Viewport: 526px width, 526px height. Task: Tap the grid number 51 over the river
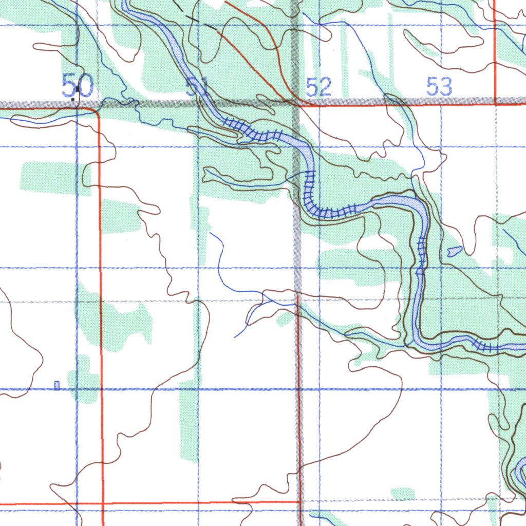[196, 87]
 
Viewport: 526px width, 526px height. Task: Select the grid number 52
[318, 87]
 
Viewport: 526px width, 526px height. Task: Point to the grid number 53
[439, 86]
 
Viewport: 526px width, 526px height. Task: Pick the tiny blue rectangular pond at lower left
[57, 385]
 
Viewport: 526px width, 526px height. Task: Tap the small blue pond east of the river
[455, 251]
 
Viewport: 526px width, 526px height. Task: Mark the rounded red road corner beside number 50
[96, 111]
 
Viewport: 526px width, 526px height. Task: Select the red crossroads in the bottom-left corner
[103, 503]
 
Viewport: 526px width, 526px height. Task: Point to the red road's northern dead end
[298, 296]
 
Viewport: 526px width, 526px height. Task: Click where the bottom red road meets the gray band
[299, 501]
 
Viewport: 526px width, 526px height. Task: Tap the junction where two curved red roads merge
[288, 95]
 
